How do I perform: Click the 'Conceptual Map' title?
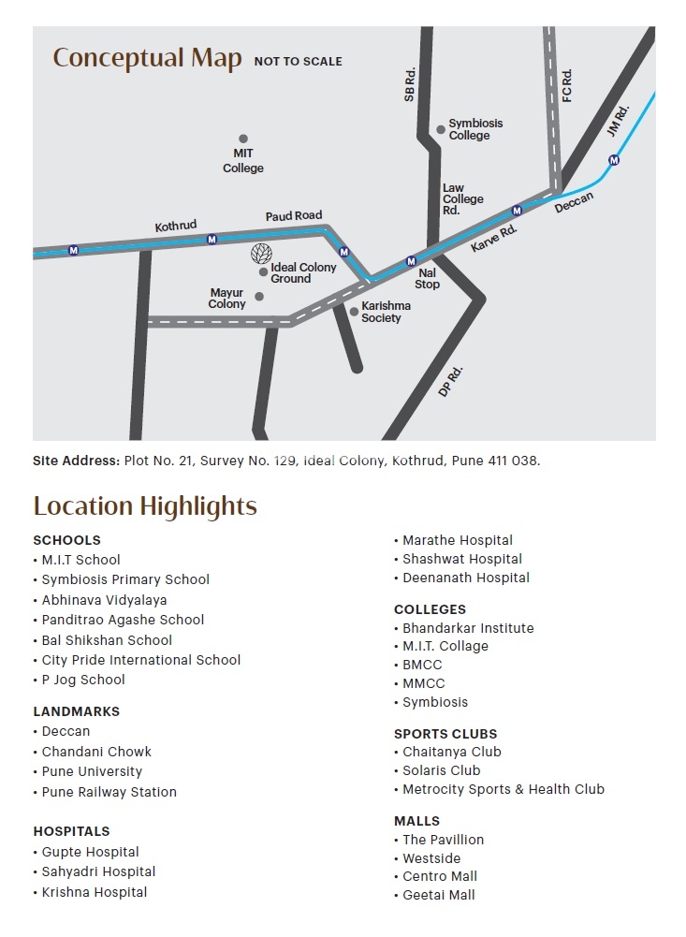pyautogui.click(x=147, y=58)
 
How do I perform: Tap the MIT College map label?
pyautogui.click(x=243, y=161)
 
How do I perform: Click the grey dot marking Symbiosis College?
pyautogui.click(x=441, y=129)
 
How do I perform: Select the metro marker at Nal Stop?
pyautogui.click(x=410, y=261)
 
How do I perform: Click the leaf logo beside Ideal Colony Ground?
pyautogui.click(x=261, y=254)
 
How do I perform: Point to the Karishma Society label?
pyautogui.click(x=387, y=312)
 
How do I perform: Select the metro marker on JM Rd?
pyautogui.click(x=614, y=160)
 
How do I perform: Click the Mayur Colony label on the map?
pyautogui.click(x=226, y=299)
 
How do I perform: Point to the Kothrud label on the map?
pyautogui.click(x=176, y=226)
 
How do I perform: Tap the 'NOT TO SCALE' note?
pyautogui.click(x=299, y=62)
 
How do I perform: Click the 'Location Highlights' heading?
pyautogui.click(x=145, y=506)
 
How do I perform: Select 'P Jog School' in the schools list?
pyautogui.click(x=83, y=680)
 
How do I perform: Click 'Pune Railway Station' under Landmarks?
pyautogui.click(x=109, y=792)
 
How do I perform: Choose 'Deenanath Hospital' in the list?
pyautogui.click(x=466, y=578)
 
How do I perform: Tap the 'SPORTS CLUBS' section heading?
pyautogui.click(x=445, y=734)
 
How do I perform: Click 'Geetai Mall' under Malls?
pyautogui.click(x=439, y=895)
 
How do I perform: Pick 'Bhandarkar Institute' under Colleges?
pyautogui.click(x=468, y=628)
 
